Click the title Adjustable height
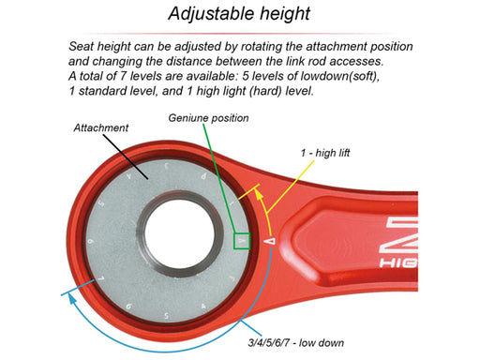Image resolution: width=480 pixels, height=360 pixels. click(239, 14)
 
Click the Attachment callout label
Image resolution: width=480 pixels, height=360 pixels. click(100, 127)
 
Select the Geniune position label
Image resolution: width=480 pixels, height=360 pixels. click(209, 119)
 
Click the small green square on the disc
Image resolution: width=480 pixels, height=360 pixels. click(241, 241)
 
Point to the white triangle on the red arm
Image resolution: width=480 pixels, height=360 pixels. click(270, 240)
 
